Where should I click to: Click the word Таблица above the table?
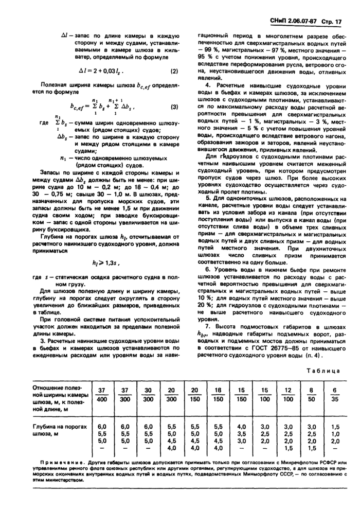[322, 371]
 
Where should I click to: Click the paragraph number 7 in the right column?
[208, 327]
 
